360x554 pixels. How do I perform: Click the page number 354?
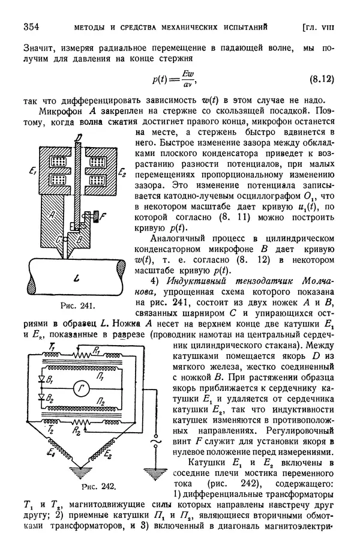(30, 27)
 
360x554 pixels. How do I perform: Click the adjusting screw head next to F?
(109, 215)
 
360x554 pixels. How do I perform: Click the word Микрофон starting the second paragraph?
(61, 112)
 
